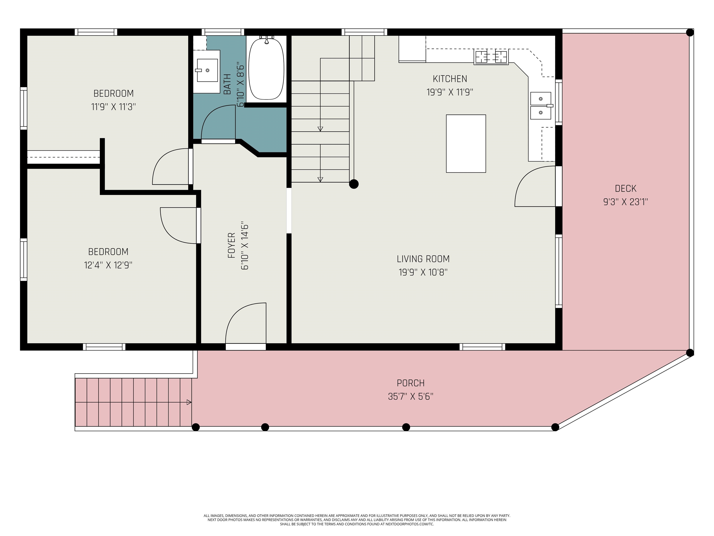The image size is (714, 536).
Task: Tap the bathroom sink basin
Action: (x=207, y=70)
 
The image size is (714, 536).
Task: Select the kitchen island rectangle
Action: (x=466, y=144)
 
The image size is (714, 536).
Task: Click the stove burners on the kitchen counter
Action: (x=491, y=57)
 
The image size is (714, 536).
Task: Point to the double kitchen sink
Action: (x=541, y=106)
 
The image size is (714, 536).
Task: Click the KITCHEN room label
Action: (x=450, y=79)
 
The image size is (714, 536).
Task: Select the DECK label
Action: (x=625, y=188)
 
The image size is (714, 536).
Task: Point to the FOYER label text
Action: (x=231, y=245)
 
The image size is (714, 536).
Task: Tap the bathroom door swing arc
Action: (x=218, y=123)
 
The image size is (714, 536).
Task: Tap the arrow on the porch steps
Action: (x=189, y=402)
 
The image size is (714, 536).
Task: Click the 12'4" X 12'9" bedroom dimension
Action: (x=108, y=265)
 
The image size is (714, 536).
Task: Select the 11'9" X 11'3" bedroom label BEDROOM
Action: (x=113, y=93)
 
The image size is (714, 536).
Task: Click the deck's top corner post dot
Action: (x=690, y=32)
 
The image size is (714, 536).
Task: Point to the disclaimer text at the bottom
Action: (x=357, y=520)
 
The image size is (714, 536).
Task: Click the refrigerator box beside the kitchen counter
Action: (x=412, y=48)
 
